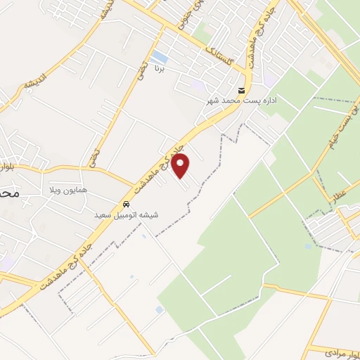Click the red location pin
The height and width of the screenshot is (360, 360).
click(181, 165)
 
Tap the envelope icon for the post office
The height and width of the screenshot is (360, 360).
click(242, 91)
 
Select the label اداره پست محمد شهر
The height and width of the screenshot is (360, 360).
click(242, 101)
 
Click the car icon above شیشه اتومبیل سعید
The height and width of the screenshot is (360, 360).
click(127, 205)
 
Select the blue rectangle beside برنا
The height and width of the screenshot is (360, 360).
click(160, 56)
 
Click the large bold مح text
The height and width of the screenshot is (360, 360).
click(9, 191)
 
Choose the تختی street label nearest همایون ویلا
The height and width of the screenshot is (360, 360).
click(94, 156)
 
